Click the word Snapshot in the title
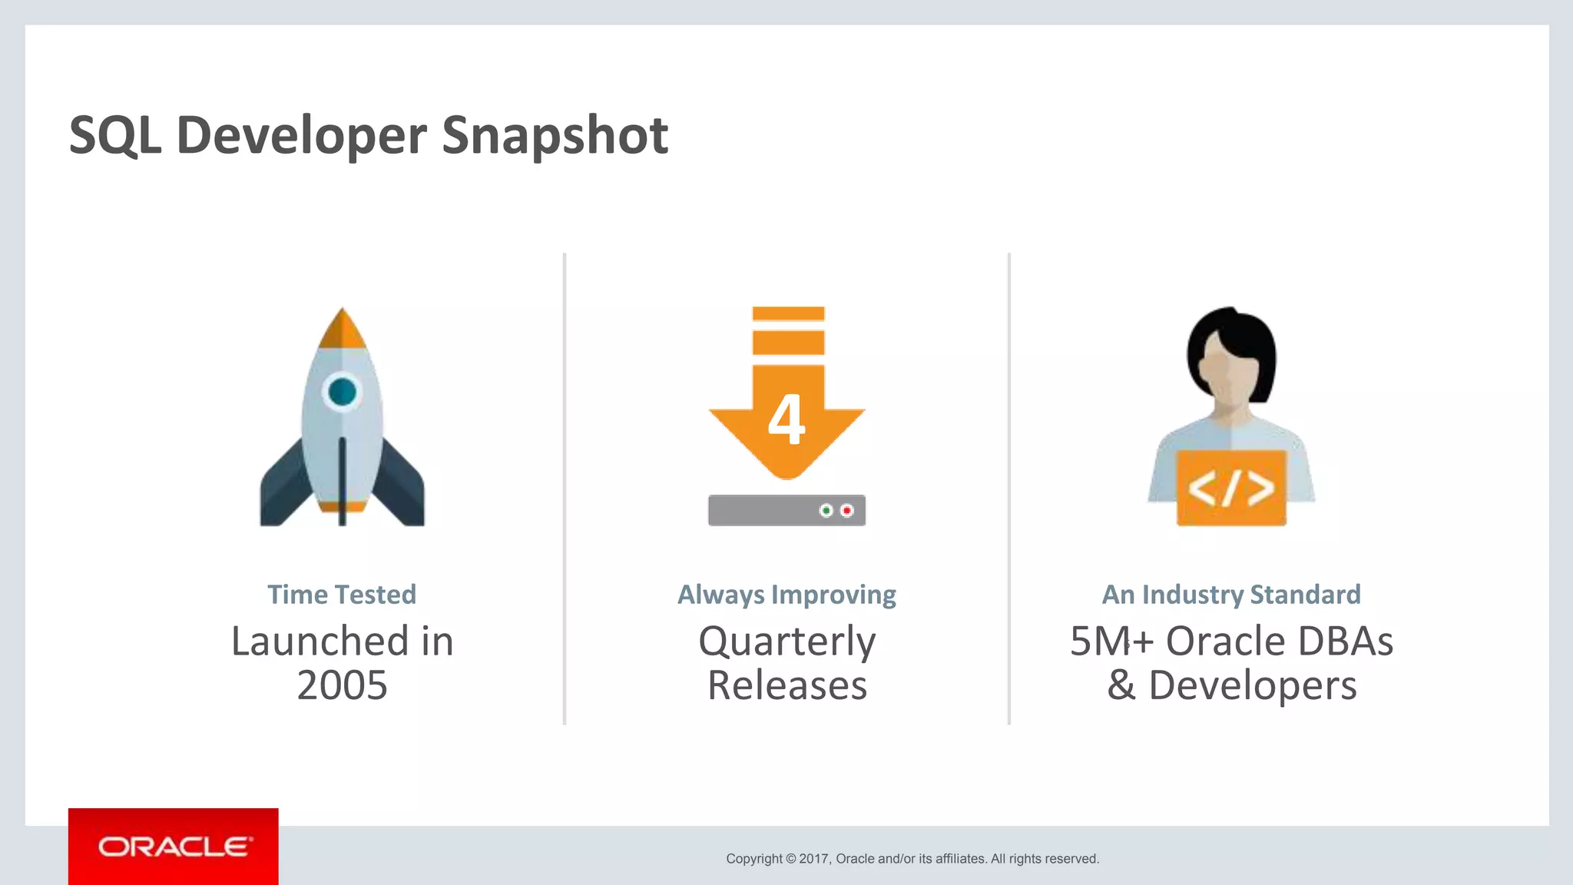555,136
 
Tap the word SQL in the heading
115,136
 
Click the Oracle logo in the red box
174,847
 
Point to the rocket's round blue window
342,392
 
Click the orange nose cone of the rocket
342,330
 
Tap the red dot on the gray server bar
847,510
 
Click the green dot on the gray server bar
826,510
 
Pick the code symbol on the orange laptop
1231,489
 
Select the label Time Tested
342,595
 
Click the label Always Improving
786,595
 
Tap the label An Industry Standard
1231,595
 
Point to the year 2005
342,685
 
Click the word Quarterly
786,641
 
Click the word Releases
786,685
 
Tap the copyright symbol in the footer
791,859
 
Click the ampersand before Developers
1121,685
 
